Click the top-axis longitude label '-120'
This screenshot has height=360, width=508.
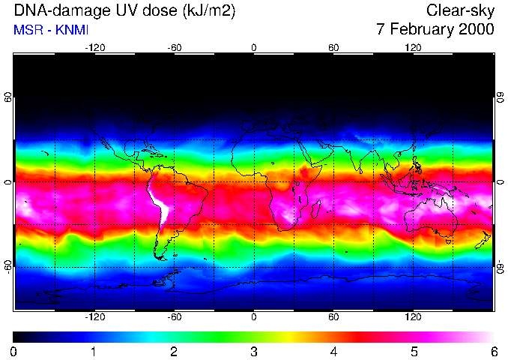[94, 47]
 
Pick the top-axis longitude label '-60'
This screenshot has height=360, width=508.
[175, 47]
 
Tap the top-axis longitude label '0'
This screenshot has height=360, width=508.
[254, 47]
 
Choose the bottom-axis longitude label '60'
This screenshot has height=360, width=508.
[333, 317]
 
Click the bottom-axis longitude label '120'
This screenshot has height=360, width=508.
[413, 317]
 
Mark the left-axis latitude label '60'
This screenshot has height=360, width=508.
[8, 97]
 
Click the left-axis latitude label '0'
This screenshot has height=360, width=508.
[8, 182]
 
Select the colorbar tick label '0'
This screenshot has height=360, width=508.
[13, 351]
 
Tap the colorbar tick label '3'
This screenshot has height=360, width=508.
[253, 351]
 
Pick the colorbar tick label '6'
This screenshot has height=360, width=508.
[493, 351]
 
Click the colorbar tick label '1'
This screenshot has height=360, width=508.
[94, 351]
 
